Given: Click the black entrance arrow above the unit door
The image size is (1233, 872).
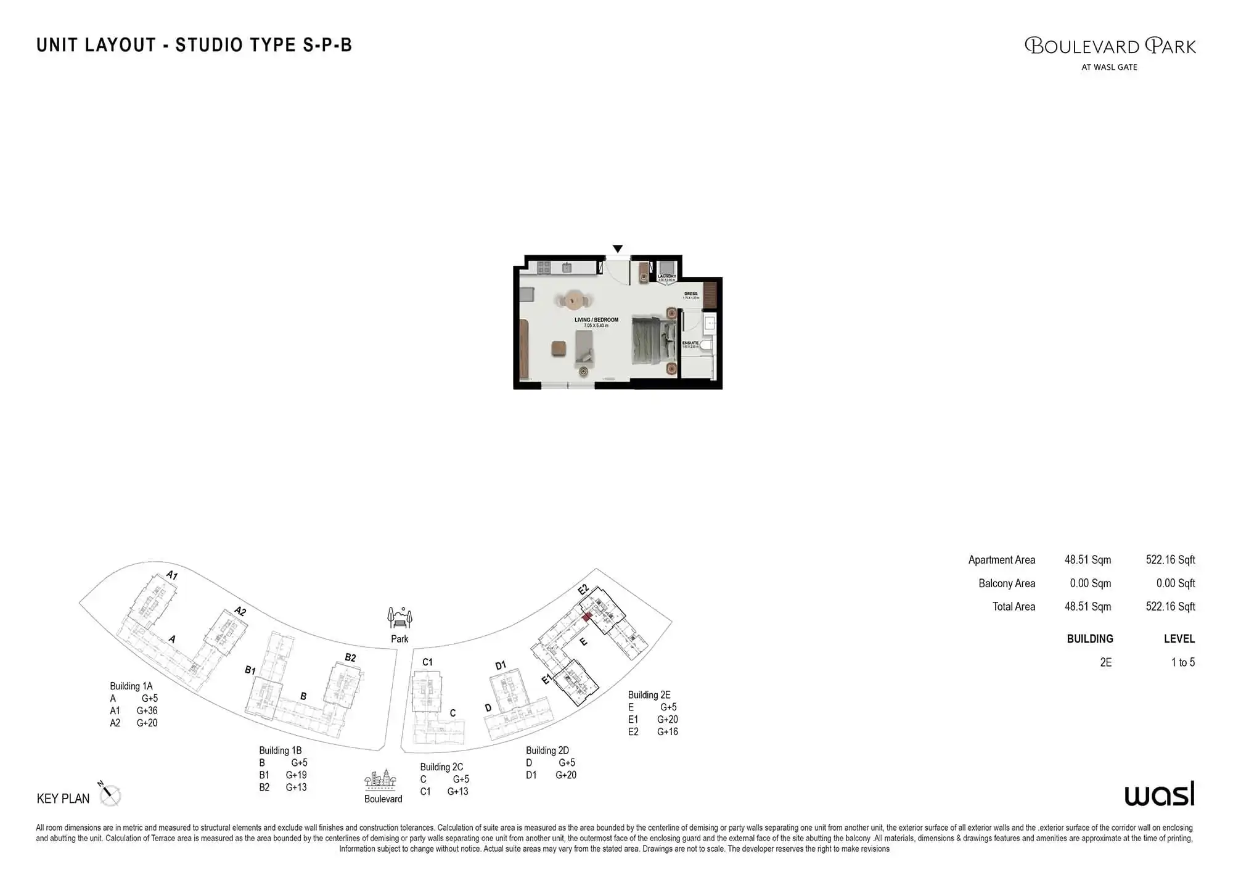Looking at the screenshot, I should [x=617, y=249].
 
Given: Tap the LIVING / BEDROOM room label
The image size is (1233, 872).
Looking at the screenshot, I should [x=596, y=320].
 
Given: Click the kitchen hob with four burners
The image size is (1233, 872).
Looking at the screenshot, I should [x=543, y=268].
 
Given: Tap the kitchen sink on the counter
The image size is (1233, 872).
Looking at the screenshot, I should [x=567, y=268].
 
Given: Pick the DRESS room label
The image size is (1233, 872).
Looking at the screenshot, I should [x=690, y=294].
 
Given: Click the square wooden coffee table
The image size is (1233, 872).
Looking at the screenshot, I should [x=558, y=348].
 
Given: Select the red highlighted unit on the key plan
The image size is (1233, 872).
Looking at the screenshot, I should [x=587, y=616].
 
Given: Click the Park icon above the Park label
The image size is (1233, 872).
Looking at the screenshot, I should [x=399, y=617].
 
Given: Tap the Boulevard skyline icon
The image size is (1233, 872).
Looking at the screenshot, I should [x=380, y=780].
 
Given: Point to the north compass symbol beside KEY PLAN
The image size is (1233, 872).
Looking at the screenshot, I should [x=110, y=794].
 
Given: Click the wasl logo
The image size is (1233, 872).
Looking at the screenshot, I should [x=1159, y=794].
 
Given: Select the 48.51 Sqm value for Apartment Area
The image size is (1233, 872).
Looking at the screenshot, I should [x=1088, y=560].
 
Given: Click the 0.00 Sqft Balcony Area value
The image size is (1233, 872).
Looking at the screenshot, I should [x=1175, y=583].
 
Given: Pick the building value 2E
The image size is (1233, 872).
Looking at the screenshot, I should [x=1106, y=662].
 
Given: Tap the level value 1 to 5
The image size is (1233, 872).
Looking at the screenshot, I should [x=1182, y=662].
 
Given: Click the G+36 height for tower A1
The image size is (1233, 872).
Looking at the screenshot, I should [x=147, y=710].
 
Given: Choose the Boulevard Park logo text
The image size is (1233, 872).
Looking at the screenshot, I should [x=1110, y=47].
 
